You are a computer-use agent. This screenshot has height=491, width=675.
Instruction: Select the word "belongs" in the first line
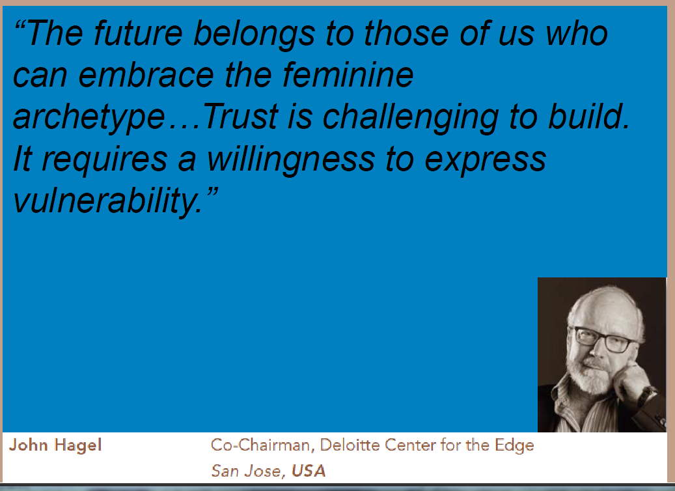coord(254,35)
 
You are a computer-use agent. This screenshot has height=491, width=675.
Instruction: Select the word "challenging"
coord(411,118)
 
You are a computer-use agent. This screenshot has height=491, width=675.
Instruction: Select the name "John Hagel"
coord(55,445)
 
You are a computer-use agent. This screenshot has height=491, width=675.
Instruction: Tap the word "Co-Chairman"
coord(260,445)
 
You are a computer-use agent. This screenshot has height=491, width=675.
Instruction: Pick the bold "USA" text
coord(309,470)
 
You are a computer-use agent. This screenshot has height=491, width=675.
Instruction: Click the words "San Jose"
coord(246,470)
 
